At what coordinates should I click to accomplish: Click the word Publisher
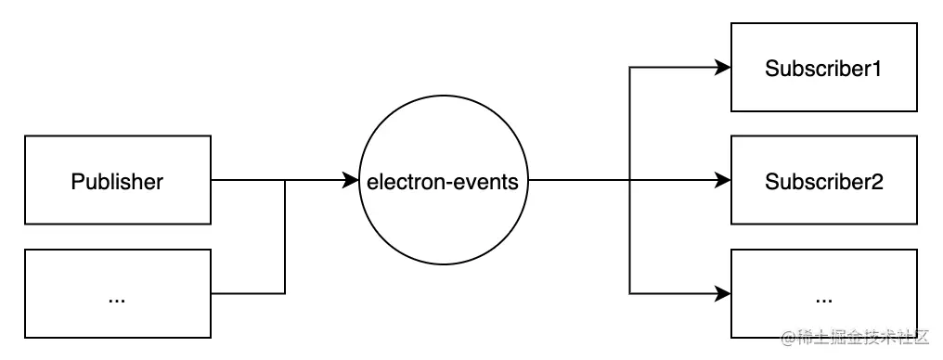[x=117, y=182]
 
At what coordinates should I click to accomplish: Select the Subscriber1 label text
[x=822, y=69]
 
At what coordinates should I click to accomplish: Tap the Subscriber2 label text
[x=822, y=182]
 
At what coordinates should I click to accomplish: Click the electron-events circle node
[x=444, y=182]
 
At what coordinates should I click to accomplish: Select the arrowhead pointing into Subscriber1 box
[x=723, y=68]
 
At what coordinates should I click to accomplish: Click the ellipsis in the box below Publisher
[x=117, y=299]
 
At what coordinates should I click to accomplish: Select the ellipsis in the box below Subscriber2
[x=822, y=299]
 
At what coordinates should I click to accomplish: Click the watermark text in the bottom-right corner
[x=854, y=338]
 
